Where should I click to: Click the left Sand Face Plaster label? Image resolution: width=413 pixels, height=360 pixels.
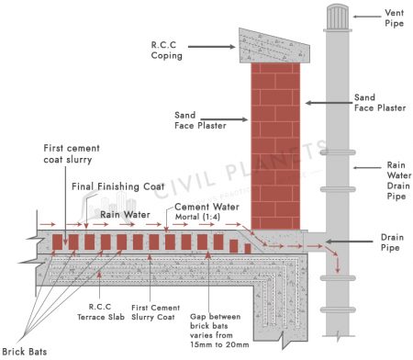194,121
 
